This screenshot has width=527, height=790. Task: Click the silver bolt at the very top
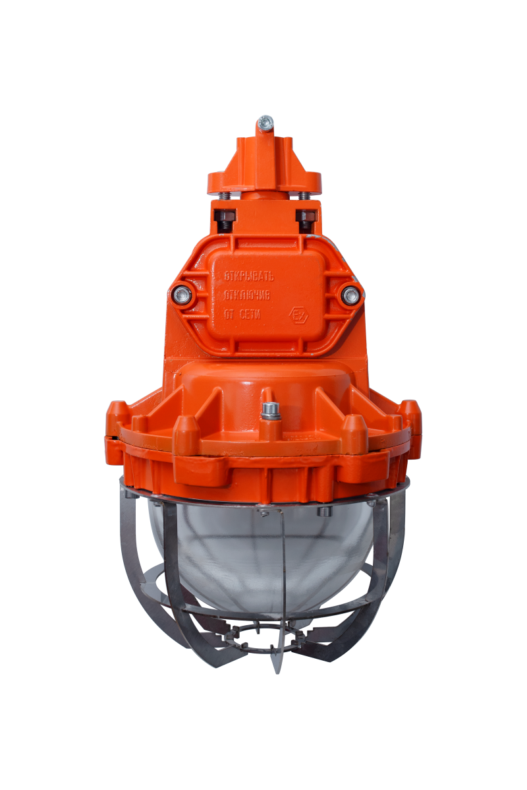(265, 122)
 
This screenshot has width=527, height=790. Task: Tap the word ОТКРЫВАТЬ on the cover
(248, 276)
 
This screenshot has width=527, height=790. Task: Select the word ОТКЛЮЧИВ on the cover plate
(246, 295)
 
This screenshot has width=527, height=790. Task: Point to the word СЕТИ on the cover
(250, 315)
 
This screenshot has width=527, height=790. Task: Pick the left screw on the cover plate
(182, 295)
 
